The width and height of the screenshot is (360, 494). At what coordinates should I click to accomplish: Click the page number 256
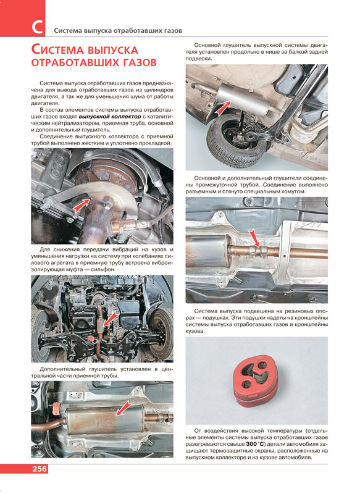(40, 469)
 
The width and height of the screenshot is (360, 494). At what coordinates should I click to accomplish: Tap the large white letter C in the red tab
(37, 27)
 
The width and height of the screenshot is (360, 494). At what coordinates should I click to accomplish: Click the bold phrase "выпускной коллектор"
(110, 117)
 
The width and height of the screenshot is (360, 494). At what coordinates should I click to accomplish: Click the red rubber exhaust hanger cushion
(256, 380)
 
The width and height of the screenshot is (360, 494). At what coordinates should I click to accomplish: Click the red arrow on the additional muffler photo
(123, 408)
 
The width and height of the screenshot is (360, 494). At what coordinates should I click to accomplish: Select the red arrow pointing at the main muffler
(223, 107)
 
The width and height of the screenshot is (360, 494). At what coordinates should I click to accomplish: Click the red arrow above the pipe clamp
(254, 238)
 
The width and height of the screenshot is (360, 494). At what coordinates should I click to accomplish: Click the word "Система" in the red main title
(58, 50)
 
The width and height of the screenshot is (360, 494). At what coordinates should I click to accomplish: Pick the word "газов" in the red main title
(137, 62)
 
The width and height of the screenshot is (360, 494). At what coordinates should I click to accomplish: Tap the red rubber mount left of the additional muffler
(57, 408)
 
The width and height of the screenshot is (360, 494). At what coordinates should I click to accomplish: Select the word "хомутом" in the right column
(295, 191)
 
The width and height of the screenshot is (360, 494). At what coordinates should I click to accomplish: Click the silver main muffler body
(243, 99)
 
